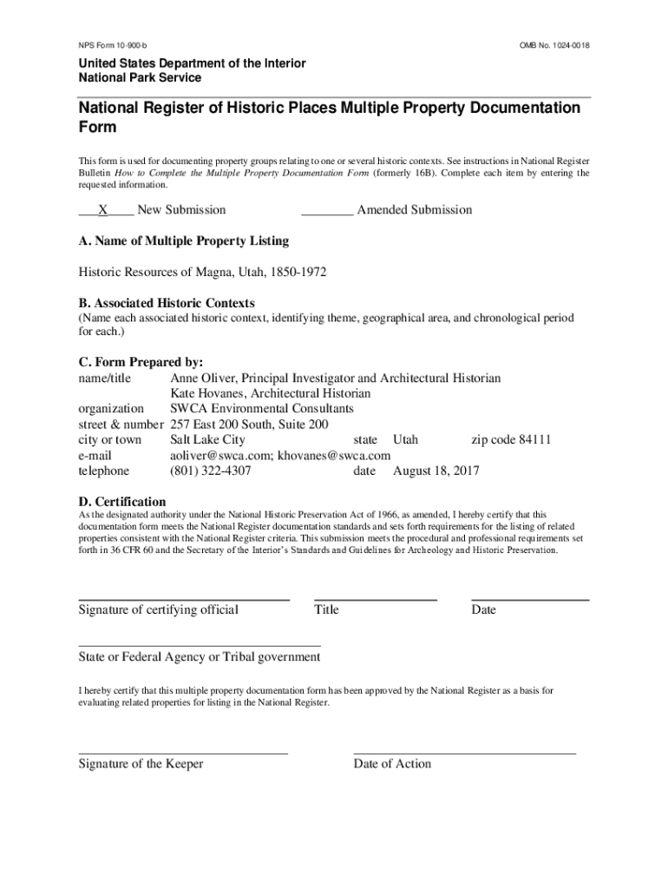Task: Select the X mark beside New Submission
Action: pos(103,210)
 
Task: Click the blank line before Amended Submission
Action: pos(327,213)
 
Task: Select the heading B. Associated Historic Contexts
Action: pos(167,303)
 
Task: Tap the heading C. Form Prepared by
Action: pos(141,362)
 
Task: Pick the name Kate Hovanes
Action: pos(207,393)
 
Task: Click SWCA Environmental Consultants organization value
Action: pos(262,409)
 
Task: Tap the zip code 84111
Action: pos(534,440)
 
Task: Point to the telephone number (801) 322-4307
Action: pos(211,471)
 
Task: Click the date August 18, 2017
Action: pos(436,471)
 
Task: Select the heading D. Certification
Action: pos(122,502)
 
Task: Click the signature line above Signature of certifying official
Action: pos(184,600)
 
